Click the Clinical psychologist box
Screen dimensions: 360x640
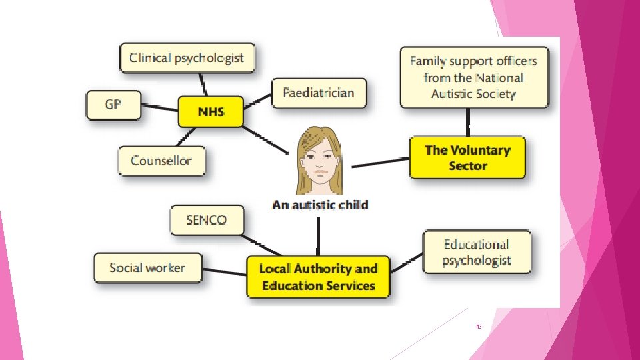tap(186, 58)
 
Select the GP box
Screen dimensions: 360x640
tap(113, 105)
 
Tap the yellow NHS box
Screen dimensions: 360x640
tap(211, 111)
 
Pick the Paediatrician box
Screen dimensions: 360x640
tap(318, 92)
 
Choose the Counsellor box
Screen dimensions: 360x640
tap(161, 161)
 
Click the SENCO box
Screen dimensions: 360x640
tap(206, 220)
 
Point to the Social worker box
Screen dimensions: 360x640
tap(147, 267)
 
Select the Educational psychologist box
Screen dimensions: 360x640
tap(477, 252)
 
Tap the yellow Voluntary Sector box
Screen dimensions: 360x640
tap(467, 157)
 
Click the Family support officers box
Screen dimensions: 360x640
tap(473, 77)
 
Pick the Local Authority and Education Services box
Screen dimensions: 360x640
tap(318, 277)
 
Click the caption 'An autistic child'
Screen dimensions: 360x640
tap(319, 205)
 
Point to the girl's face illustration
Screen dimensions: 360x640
tap(319, 160)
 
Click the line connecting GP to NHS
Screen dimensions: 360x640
tap(159, 107)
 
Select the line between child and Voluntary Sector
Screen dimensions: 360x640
tap(380, 162)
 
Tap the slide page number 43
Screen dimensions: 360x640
tap(479, 327)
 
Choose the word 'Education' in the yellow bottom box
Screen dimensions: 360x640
tap(291, 286)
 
